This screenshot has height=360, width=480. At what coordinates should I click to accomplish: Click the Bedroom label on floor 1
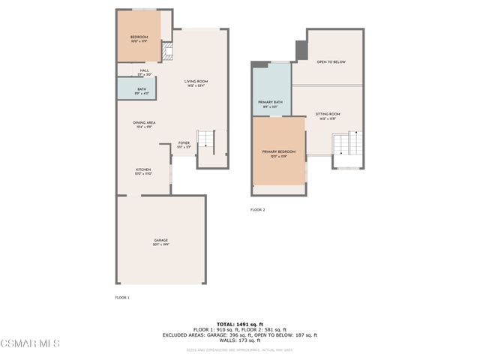click(139, 37)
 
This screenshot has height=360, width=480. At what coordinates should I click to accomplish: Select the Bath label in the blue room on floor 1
click(142, 90)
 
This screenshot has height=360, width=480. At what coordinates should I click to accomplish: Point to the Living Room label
click(196, 82)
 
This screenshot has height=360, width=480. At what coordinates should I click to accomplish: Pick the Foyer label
click(184, 144)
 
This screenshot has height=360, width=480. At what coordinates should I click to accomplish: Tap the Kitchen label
click(143, 171)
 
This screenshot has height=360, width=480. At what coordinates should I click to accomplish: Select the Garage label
click(160, 241)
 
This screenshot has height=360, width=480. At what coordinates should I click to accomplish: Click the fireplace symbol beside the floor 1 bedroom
click(168, 52)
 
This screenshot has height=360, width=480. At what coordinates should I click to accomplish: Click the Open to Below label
click(331, 62)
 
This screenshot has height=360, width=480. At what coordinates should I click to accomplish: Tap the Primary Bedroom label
click(278, 153)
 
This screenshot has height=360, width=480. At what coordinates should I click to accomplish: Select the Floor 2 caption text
click(257, 210)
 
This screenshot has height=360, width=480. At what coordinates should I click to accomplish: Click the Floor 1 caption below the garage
click(122, 298)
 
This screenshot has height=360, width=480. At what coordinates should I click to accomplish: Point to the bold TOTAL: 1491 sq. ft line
click(240, 323)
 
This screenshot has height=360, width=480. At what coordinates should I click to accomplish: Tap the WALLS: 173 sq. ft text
click(240, 340)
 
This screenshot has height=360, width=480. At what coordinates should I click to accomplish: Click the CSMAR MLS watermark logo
click(30, 343)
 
